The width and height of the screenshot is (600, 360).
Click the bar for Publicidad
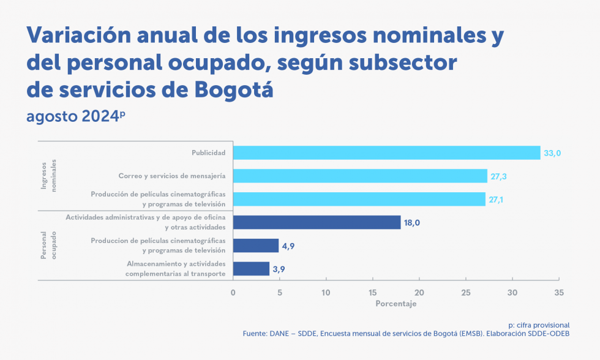(386, 152)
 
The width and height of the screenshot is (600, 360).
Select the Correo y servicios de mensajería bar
(360, 176)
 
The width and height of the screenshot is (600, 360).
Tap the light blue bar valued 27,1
(359, 199)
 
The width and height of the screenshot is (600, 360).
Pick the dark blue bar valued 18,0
(317, 222)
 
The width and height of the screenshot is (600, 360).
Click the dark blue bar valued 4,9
(256, 246)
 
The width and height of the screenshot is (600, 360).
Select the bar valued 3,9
(251, 269)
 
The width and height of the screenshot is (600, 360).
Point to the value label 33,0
(553, 153)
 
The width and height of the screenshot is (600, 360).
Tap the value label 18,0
(411, 223)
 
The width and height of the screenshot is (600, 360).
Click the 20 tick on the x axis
(419, 292)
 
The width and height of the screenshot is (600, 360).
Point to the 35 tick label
(558, 292)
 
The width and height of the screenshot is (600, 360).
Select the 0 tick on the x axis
(233, 292)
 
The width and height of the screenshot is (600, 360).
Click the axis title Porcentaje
(396, 304)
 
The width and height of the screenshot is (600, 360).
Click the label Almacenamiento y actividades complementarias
(176, 269)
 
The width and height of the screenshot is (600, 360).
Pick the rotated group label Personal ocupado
(48, 245)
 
